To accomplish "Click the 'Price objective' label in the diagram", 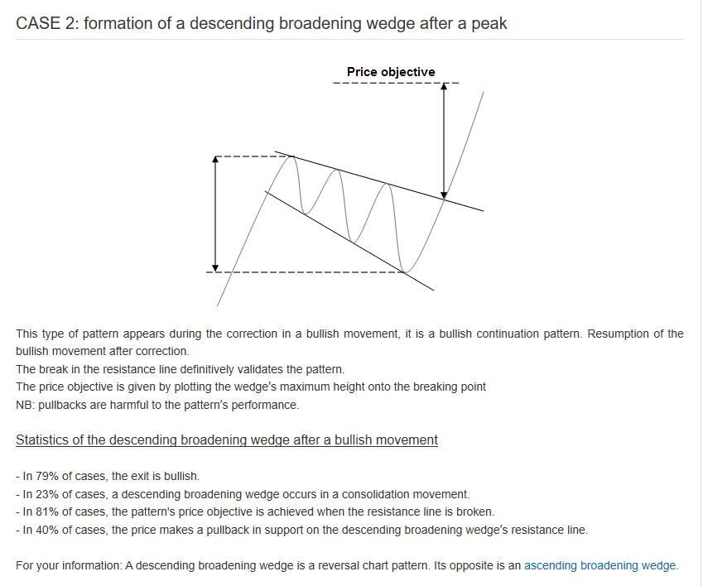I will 390,72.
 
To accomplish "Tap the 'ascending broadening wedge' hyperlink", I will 600,565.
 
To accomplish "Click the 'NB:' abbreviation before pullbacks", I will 25,405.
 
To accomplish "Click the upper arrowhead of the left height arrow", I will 216,160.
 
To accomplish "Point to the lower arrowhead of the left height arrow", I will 216,267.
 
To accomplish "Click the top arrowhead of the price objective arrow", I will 445,87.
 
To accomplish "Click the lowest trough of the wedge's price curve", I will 405,271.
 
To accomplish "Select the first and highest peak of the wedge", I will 290,156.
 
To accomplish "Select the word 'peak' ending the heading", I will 489,23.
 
